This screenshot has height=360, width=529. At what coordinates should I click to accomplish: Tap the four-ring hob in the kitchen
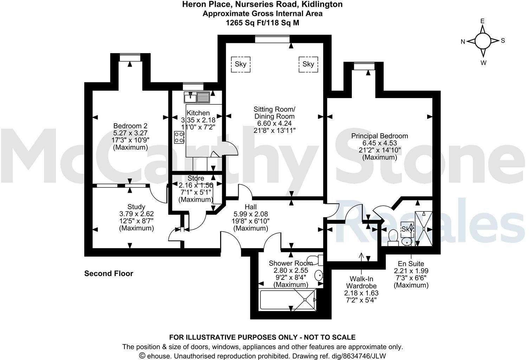click(179, 137)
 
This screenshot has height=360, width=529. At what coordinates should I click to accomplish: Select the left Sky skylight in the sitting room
click(240, 64)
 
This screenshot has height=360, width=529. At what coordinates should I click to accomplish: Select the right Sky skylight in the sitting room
click(308, 64)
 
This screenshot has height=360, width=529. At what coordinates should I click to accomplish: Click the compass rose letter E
click(483, 21)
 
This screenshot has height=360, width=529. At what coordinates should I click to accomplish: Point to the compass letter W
click(483, 63)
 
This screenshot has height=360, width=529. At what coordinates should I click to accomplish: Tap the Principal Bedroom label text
click(380, 136)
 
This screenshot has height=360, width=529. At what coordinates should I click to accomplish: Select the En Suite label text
click(411, 264)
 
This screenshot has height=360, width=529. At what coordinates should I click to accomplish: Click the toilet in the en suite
click(393, 236)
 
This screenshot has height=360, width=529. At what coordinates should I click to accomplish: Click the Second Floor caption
click(109, 274)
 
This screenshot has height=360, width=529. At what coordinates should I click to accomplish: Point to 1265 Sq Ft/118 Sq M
click(262, 22)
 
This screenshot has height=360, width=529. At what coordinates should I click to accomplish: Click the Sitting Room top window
click(272, 39)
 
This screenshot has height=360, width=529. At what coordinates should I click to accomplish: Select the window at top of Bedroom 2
click(130, 57)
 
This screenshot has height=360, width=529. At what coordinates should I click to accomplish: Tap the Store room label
click(196, 178)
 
